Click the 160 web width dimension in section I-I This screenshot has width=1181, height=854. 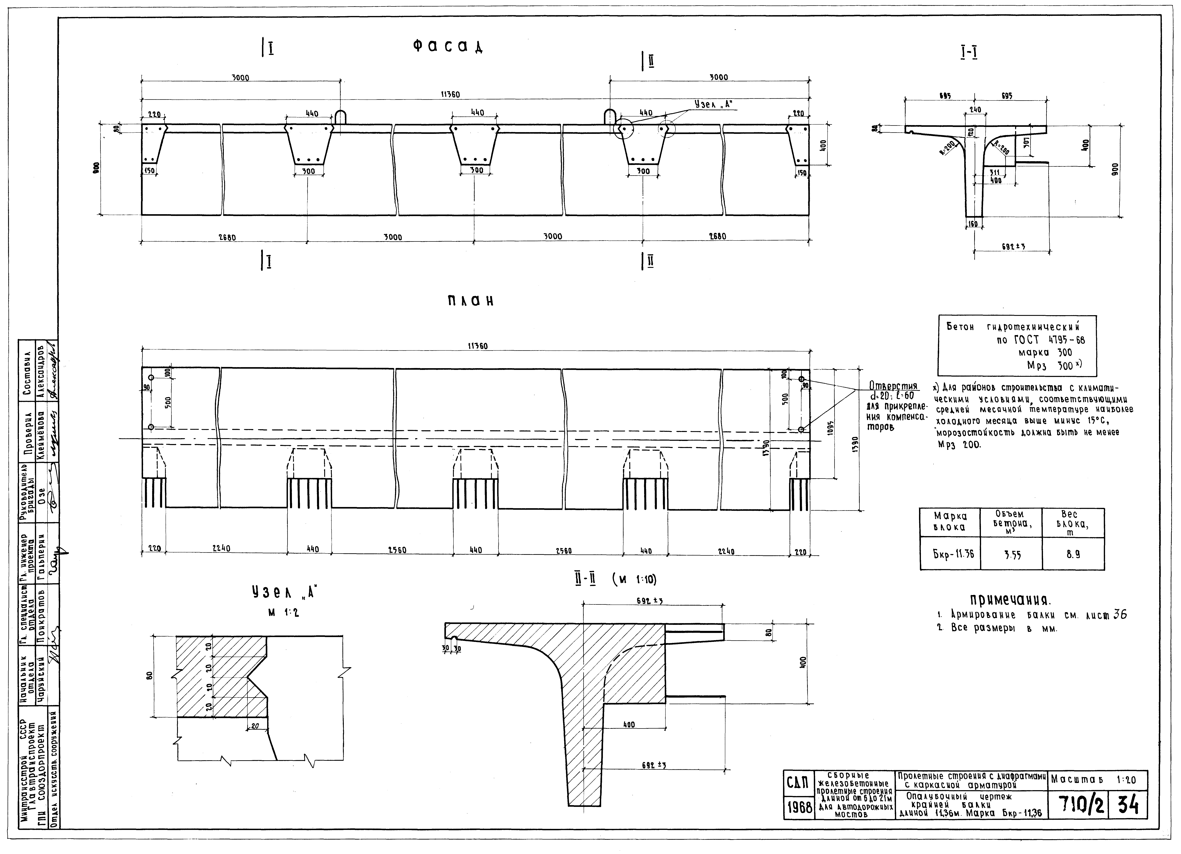[x=973, y=224]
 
